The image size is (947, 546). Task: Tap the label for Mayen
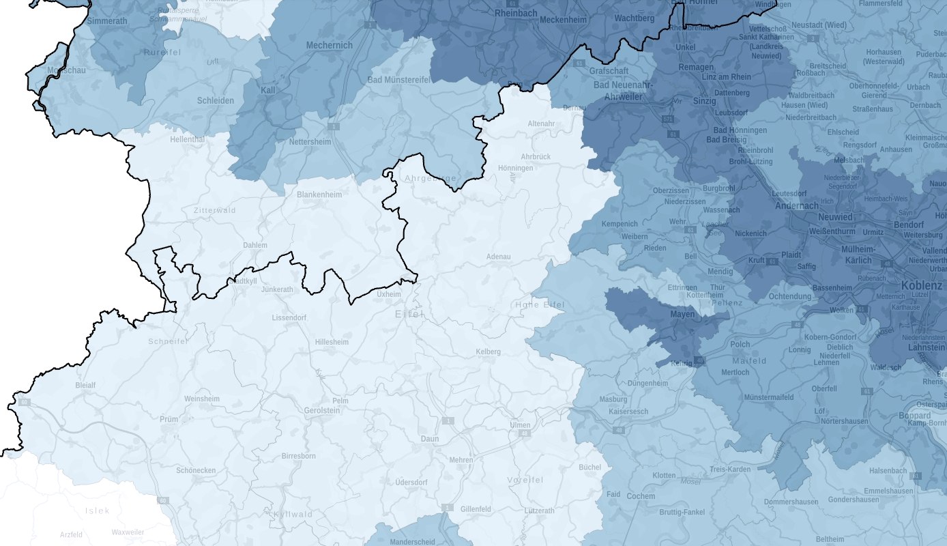tap(682, 315)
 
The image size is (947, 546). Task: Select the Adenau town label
tap(498, 257)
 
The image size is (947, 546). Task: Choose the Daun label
tap(430, 439)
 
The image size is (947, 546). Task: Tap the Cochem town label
tap(641, 496)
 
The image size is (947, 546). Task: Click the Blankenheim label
tap(323, 195)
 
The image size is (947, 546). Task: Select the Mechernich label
tap(330, 46)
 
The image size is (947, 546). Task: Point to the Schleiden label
tap(215, 100)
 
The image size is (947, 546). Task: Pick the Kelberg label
tap(488, 351)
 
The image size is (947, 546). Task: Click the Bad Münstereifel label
tap(399, 80)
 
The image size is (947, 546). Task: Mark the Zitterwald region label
tap(214, 210)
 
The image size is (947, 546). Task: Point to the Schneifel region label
tap(168, 341)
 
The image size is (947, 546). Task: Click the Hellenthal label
tap(187, 139)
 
